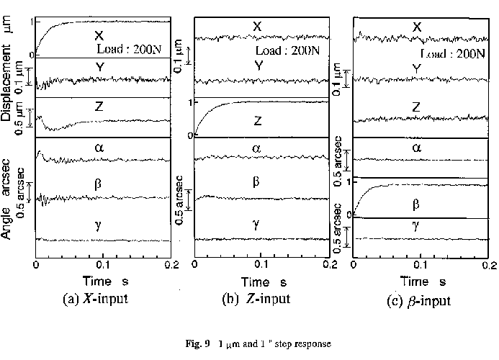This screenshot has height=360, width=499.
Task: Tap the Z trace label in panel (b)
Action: coord(256,121)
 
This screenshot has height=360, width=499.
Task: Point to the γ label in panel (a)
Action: coord(98,225)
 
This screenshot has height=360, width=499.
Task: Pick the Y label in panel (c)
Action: coord(417,68)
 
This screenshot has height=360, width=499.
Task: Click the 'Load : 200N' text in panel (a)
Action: coord(130,49)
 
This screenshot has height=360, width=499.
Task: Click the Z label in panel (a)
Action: coord(99,107)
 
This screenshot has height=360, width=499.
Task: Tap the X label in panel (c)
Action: coord(417,27)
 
